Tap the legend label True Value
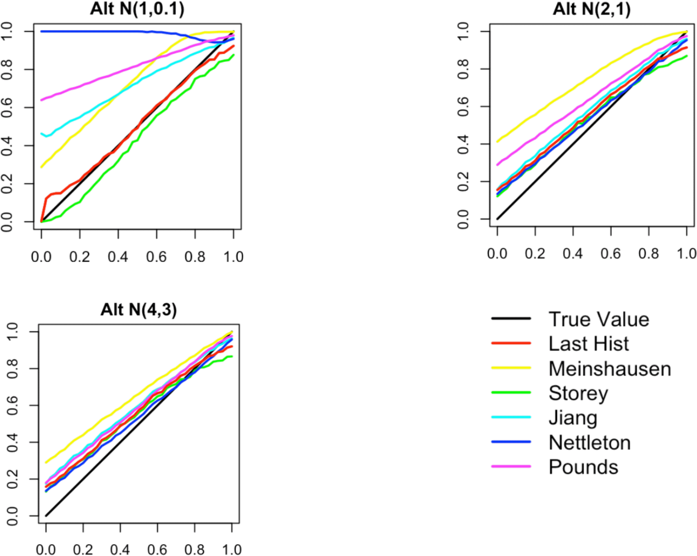[599, 319]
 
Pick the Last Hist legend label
[588, 344]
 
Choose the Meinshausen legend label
[610, 369]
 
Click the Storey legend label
[578, 394]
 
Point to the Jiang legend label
[573, 418]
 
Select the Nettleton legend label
[590, 443]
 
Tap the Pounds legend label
[583, 467]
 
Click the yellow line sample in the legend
[511, 368]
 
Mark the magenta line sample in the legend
[511, 466]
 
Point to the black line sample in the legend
[511, 318]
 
